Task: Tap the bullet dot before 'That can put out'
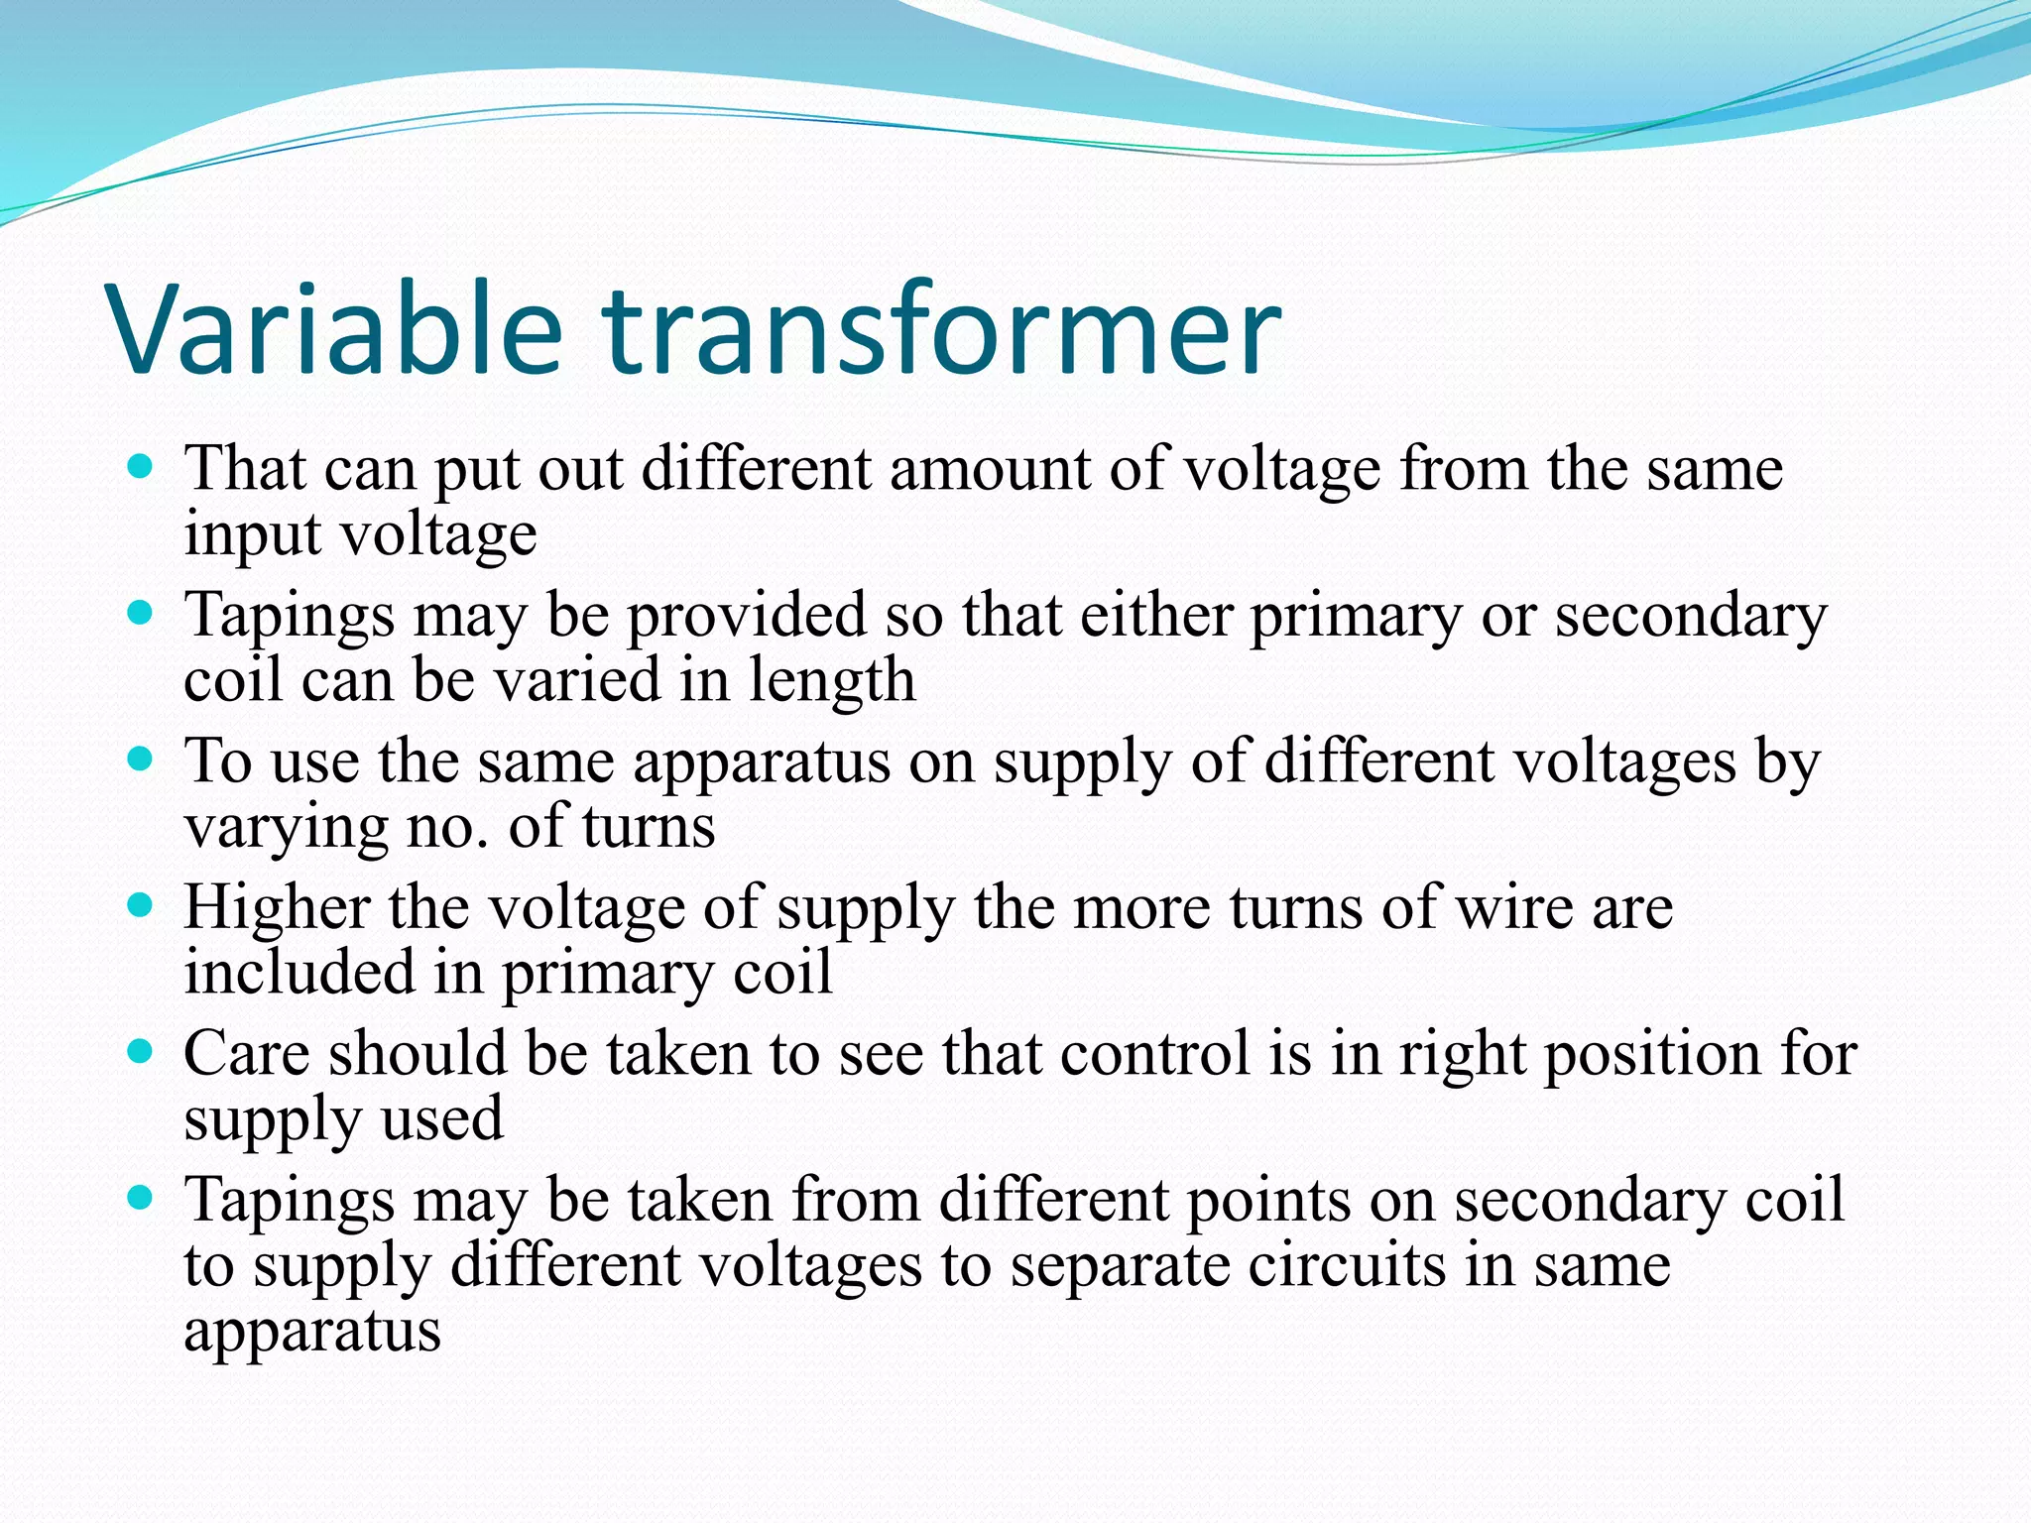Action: [x=141, y=466]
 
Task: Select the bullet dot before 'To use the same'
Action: [x=141, y=760]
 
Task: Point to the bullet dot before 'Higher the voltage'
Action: [x=141, y=905]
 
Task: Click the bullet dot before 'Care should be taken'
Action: [x=141, y=1051]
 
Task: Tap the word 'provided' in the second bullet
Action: [x=747, y=615]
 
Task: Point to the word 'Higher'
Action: [x=277, y=908]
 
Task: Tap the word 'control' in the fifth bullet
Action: [x=1154, y=1053]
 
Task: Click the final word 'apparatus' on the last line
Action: [x=312, y=1332]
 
